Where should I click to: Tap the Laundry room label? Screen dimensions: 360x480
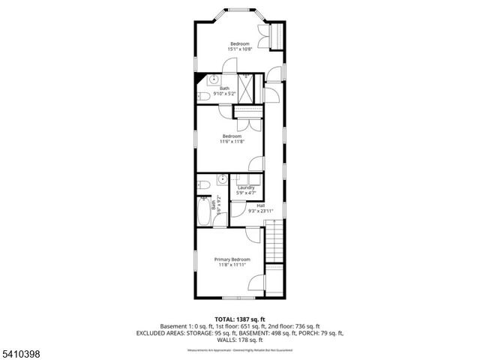245,187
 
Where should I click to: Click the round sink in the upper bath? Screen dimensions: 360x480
213,79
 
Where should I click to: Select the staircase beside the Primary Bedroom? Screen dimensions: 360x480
275,245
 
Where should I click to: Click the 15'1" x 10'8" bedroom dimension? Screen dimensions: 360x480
240,50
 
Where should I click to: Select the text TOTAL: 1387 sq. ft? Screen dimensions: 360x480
239,319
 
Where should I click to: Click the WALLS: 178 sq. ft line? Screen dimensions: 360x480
239,340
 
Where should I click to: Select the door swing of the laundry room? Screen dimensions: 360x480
236,210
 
